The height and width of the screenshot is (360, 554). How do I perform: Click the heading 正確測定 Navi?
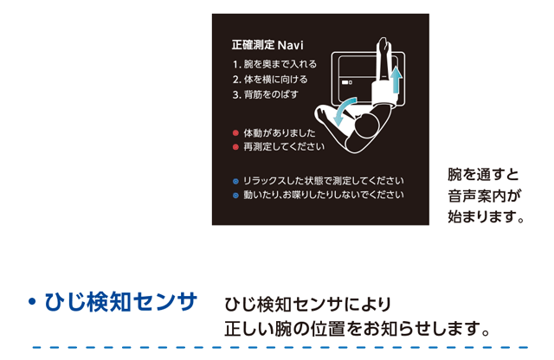(267, 45)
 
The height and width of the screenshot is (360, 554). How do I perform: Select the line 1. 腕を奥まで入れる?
(274, 64)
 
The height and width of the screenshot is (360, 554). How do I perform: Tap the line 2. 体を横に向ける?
(270, 80)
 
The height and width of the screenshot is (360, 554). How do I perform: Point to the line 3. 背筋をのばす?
(266, 94)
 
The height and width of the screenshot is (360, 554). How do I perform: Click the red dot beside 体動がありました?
(235, 133)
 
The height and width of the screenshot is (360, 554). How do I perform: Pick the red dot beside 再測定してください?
(235, 147)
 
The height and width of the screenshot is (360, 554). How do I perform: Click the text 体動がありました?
(279, 133)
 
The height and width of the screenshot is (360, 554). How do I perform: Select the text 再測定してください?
(284, 146)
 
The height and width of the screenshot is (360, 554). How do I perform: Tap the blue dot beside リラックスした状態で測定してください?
(235, 182)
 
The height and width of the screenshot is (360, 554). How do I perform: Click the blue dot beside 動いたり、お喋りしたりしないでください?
(235, 196)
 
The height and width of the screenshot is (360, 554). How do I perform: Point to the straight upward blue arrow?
(396, 80)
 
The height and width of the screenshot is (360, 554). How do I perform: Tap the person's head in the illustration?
(366, 125)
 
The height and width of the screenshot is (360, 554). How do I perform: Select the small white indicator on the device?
(346, 82)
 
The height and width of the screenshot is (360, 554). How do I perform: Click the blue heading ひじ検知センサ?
(120, 302)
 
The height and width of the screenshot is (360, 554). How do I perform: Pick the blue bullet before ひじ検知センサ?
(32, 302)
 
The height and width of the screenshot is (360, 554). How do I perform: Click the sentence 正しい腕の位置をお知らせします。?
(358, 329)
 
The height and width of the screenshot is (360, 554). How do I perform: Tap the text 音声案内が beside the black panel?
(484, 196)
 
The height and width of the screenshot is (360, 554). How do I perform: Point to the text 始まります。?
(486, 216)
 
